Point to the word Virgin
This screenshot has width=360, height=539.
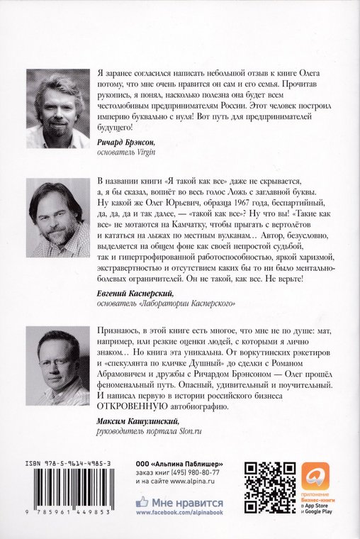pos(143,152)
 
